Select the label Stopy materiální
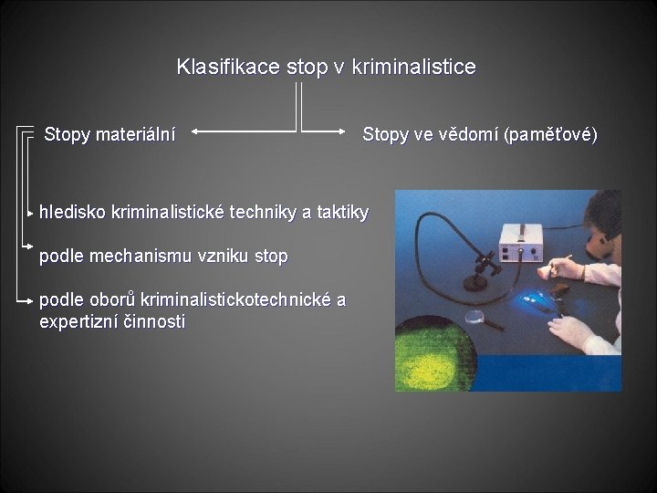110,135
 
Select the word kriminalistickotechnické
230,300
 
